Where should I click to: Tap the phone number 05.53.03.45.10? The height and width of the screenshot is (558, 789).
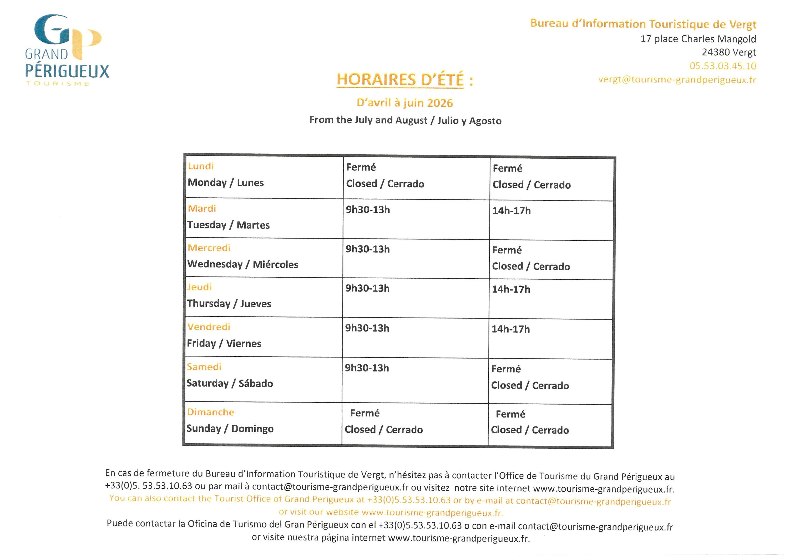coord(722,66)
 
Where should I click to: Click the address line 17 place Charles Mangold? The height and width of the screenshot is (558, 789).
coord(698,39)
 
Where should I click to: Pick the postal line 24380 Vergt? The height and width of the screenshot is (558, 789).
coord(729,52)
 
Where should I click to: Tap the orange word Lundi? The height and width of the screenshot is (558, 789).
coord(201,166)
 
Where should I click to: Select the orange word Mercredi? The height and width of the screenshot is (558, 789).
coord(209,248)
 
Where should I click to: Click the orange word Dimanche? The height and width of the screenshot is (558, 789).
coord(210,412)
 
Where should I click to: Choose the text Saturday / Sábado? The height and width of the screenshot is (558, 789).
coord(230,383)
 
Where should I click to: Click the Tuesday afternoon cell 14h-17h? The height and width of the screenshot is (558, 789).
coord(511,211)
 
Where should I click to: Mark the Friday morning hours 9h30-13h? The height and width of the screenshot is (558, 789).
coord(367,328)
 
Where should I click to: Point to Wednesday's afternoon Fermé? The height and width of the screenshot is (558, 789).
coord(507,250)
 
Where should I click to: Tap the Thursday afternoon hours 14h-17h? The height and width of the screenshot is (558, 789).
coord(511,289)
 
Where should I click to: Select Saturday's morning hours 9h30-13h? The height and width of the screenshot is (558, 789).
coord(367,368)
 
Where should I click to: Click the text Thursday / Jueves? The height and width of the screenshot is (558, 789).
coord(229,303)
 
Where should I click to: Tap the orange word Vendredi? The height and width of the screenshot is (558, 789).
coord(209,326)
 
